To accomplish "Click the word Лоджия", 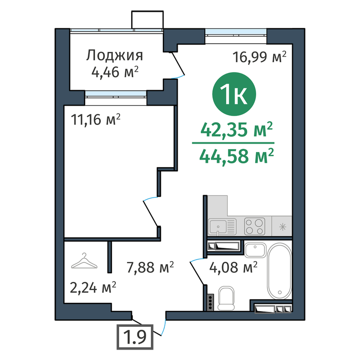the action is [114, 56].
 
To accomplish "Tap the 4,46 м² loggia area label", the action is [115, 72].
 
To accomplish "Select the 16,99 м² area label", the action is [260, 57].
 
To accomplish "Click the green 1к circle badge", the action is [234, 94].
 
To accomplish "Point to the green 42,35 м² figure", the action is [236, 129].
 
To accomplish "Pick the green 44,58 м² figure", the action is [236, 156].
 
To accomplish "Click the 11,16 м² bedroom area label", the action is [96, 119].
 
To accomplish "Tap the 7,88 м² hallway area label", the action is [150, 267].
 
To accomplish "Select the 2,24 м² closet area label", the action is [93, 288].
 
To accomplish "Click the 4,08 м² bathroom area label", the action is [233, 267].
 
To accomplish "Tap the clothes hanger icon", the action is [84, 261].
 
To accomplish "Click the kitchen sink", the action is [222, 227].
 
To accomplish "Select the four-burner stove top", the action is [255, 226].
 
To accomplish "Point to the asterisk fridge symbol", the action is [283, 227].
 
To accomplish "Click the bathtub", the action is [280, 271].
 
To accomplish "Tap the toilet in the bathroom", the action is [226, 298].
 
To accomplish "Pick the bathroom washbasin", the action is [255, 250].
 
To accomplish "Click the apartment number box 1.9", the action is [135, 337].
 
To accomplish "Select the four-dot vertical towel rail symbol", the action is [210, 302].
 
